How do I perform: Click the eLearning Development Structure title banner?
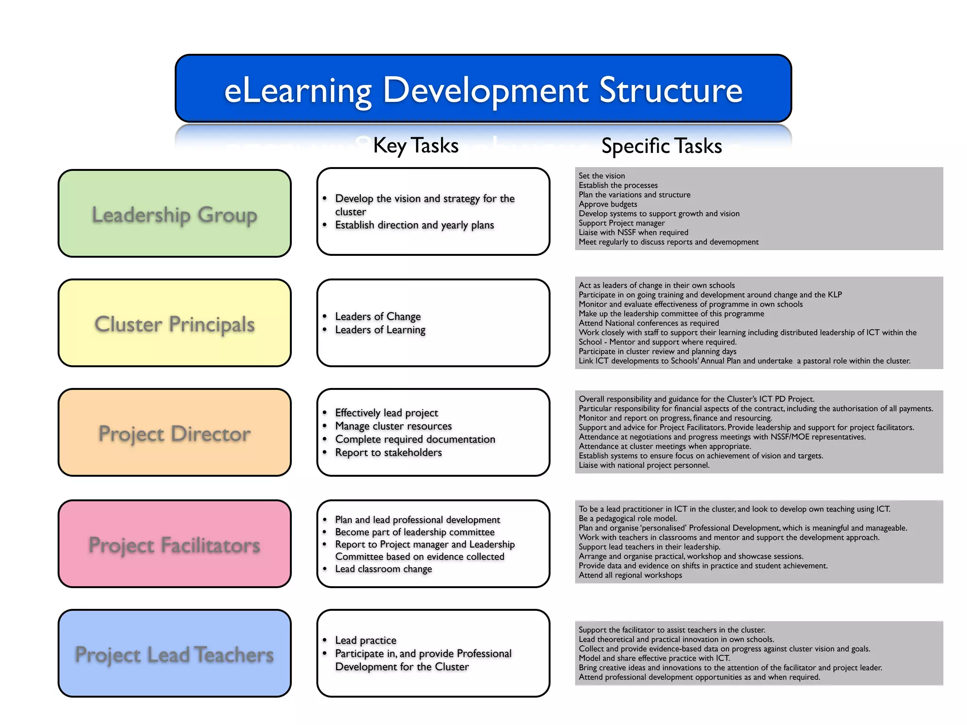tap(483, 89)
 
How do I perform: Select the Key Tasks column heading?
tap(416, 145)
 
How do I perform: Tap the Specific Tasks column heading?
tap(661, 146)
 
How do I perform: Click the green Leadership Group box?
tap(174, 214)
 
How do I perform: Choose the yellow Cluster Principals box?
tap(174, 323)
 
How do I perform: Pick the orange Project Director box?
tap(174, 433)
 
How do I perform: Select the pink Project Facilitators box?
tap(174, 544)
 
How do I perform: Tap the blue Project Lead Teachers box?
tap(174, 654)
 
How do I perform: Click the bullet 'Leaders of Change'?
tap(378, 316)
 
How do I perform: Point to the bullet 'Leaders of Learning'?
tap(380, 329)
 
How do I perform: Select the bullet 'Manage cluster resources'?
tap(393, 426)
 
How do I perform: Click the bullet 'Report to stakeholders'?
tap(388, 452)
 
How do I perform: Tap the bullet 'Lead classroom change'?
tap(383, 569)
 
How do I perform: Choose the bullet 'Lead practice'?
tap(365, 640)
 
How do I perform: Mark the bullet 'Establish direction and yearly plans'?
tap(414, 225)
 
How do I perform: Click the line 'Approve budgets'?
tap(608, 204)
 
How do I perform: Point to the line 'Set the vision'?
tap(602, 176)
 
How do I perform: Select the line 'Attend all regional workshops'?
tap(630, 575)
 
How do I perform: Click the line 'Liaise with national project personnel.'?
tap(644, 465)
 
